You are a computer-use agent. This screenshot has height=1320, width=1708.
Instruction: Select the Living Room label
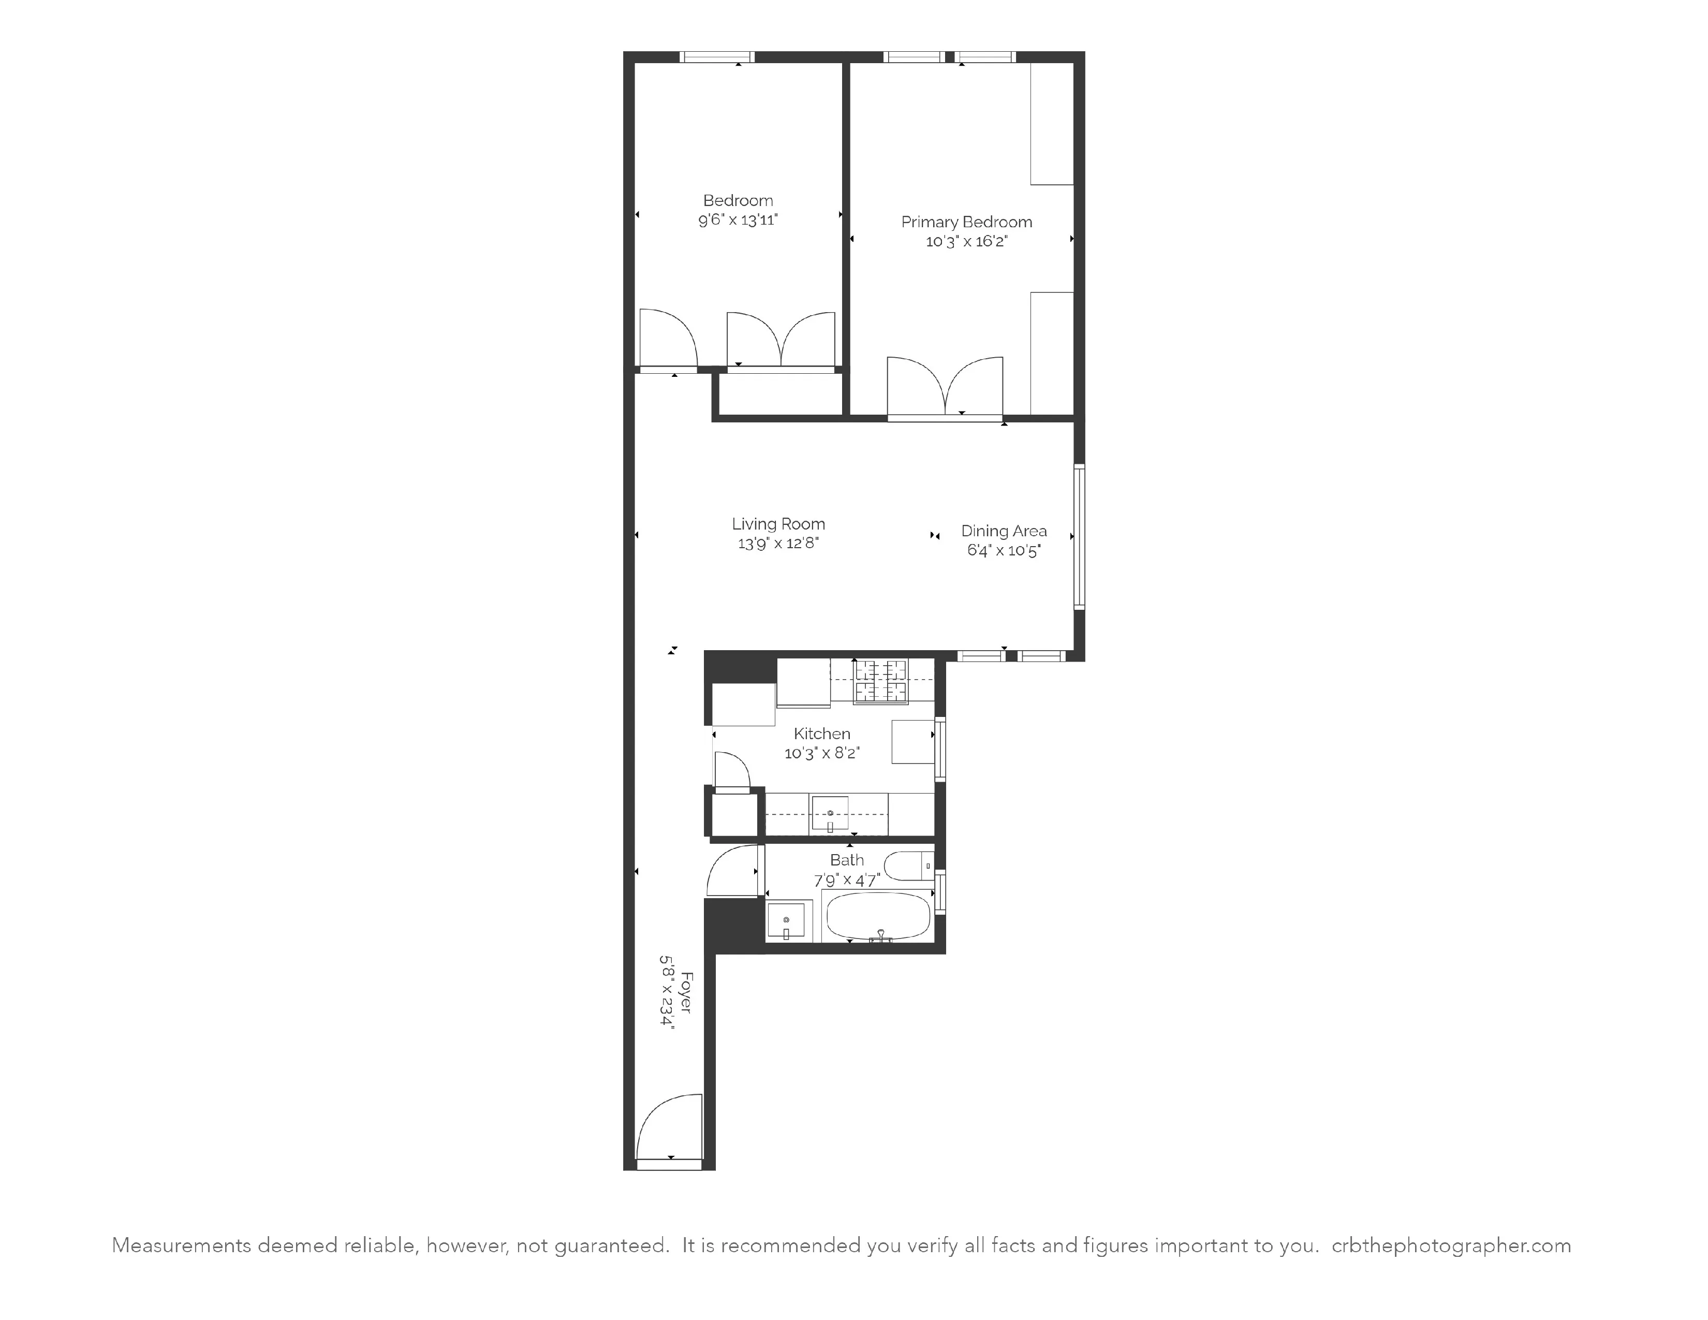[778, 524]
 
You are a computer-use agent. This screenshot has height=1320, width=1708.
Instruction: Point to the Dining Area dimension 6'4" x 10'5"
[1004, 551]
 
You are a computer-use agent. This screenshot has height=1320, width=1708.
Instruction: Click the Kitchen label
[821, 734]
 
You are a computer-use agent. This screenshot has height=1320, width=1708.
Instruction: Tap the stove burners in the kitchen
[880, 681]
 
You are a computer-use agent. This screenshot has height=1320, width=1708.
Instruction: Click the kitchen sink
[830, 814]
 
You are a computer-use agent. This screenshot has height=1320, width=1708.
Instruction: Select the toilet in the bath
[909, 866]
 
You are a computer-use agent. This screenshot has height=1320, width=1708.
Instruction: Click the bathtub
[879, 916]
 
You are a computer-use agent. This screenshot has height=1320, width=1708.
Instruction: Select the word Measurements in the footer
[182, 1245]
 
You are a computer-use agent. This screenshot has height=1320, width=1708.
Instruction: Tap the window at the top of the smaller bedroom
[716, 57]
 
